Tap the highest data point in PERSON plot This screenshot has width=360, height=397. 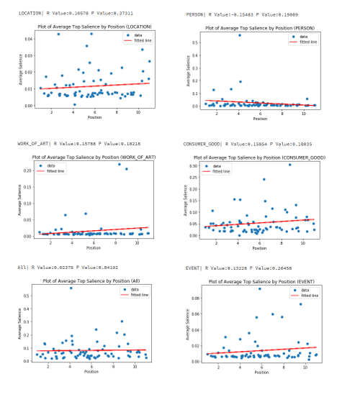240,35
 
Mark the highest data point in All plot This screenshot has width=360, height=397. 71,288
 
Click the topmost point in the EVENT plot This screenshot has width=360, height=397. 260,288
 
